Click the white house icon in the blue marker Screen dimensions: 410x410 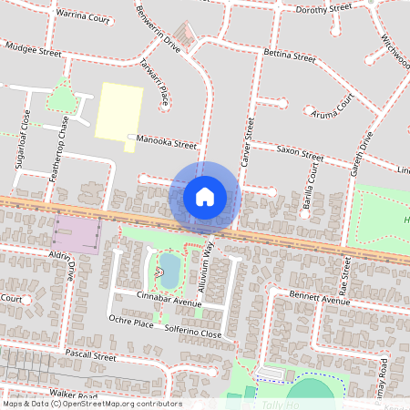pyautogui.click(x=205, y=196)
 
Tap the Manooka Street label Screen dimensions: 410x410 pyautogui.click(x=166, y=144)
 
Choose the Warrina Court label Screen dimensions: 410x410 pyautogui.click(x=81, y=15)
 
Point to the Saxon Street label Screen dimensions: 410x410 pyautogui.click(x=300, y=151)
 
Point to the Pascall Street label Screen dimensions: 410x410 pyautogui.click(x=90, y=356)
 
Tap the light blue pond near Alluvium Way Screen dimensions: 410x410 pyautogui.click(x=169, y=268)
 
